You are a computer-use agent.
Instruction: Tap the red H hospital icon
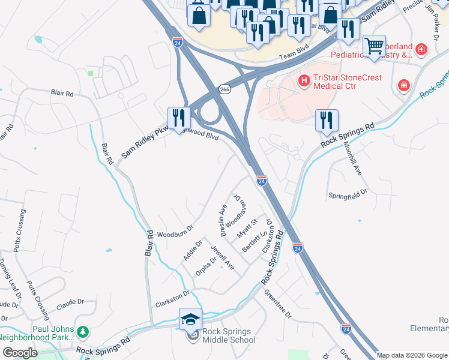click(x=304, y=79)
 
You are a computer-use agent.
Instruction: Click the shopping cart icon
click(x=375, y=46)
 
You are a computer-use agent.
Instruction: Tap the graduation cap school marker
click(x=190, y=319)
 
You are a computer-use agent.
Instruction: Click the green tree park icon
click(x=83, y=330)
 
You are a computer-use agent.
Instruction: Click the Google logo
click(x=20, y=353)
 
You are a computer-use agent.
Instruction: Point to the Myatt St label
click(x=247, y=227)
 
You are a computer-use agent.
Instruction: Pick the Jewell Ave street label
click(x=221, y=257)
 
